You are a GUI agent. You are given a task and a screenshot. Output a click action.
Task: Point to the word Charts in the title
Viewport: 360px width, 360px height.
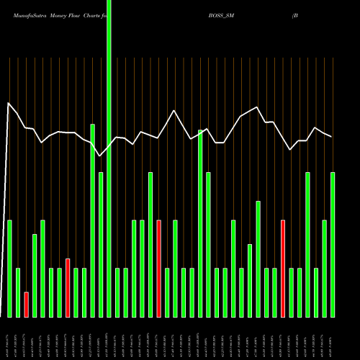click(x=97, y=13)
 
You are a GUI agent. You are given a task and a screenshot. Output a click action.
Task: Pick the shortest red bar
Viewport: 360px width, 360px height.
click(x=26, y=305)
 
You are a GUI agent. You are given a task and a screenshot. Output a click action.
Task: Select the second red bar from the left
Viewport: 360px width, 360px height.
click(x=68, y=288)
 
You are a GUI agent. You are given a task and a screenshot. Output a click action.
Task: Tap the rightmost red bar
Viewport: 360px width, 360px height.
click(x=283, y=269)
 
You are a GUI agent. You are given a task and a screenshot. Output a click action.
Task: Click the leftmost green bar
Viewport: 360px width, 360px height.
click(x=9, y=269)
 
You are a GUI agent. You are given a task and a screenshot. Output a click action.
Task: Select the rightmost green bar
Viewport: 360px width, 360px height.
click(x=333, y=245)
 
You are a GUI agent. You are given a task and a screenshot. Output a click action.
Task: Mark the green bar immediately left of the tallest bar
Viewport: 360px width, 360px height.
click(x=101, y=245)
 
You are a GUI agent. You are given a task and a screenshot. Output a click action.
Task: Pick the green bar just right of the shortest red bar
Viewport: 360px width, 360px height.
click(x=35, y=276)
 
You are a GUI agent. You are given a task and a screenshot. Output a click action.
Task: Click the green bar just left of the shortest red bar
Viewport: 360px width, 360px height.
click(x=18, y=292)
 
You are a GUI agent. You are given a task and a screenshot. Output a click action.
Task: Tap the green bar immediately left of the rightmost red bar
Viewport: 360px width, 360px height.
click(x=274, y=292)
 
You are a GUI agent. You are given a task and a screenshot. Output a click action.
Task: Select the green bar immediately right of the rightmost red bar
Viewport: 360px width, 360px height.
click(x=291, y=292)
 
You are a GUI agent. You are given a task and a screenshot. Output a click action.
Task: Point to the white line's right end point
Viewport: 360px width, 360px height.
click(x=332, y=137)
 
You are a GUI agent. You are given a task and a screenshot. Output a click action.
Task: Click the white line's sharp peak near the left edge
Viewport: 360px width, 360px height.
click(x=9, y=104)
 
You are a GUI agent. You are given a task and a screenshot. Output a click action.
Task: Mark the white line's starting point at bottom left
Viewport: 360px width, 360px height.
click(x=1, y=315)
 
